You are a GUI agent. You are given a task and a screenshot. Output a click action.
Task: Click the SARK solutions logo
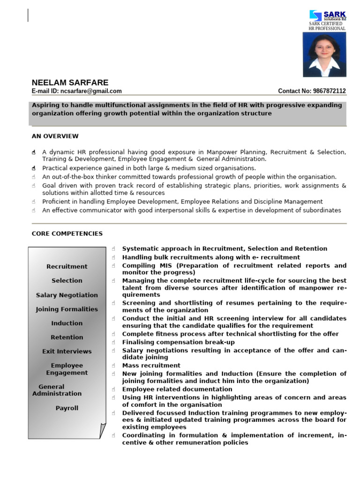(x=327, y=15)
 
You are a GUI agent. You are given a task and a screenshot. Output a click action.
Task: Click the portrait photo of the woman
(x=324, y=54)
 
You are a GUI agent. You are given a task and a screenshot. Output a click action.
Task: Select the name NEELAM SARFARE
(x=70, y=82)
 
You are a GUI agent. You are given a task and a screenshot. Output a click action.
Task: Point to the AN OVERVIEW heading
(x=55, y=136)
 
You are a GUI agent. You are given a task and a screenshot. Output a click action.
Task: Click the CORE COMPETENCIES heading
(x=67, y=233)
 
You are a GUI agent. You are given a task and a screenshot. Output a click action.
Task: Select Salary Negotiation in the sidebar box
(x=67, y=295)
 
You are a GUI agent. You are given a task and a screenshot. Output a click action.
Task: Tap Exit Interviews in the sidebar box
(x=67, y=351)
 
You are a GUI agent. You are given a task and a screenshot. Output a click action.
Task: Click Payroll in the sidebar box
(x=67, y=408)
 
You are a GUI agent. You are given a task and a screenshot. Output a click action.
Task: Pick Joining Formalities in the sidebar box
(x=67, y=309)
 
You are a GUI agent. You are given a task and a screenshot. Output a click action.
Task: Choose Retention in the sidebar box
(x=67, y=337)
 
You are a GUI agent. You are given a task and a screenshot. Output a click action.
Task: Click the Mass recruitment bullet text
(x=151, y=365)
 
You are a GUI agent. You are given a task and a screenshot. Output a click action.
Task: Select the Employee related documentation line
(x=177, y=389)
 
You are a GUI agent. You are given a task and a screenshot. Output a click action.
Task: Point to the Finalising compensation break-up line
(x=178, y=342)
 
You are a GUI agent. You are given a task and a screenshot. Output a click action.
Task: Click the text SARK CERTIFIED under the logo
(x=325, y=24)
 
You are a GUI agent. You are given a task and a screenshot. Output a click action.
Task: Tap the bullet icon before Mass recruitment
(x=114, y=366)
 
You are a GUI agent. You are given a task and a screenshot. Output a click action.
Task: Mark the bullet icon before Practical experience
(x=34, y=168)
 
